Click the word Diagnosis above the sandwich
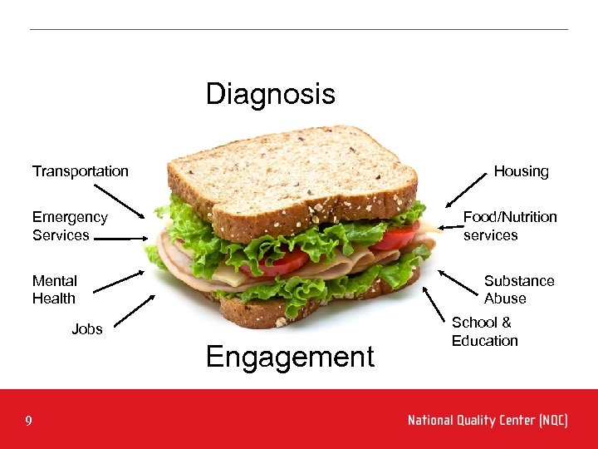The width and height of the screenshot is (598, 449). pos(270,94)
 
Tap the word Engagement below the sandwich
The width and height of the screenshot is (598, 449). pos(290,357)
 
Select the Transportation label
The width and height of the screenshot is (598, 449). pos(81,171)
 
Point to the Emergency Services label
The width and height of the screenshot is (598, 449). pos(70,226)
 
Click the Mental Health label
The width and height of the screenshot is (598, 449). pos(55,289)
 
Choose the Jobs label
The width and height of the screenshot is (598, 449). pos(87,329)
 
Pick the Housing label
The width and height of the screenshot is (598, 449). pos(521,171)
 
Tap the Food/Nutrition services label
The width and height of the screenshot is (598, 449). pos(509,226)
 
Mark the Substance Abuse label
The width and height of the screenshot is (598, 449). pos(518,289)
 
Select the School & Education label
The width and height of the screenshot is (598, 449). pos(484,332)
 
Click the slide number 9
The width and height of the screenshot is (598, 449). pos(28,422)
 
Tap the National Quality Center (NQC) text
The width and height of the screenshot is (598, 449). pos(488,421)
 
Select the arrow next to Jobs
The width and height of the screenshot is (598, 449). pos(133,311)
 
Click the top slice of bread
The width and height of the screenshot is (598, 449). pos(291,170)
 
